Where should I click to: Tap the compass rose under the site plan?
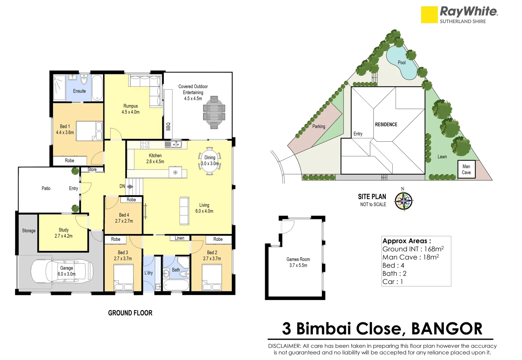coord(404,201)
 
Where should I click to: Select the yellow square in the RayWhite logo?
coord(429,15)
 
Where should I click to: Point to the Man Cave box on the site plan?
coord(466,169)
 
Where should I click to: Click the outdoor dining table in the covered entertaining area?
coord(214,112)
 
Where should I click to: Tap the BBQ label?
coord(168,127)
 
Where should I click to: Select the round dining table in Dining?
coord(209,161)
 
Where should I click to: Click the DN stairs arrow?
coord(130,187)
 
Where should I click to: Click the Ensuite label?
coord(79,91)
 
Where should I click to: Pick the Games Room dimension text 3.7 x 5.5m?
coord(298,265)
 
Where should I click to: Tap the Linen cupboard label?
coord(179,238)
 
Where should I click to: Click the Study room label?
coord(63,230)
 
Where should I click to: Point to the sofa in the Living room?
coord(184,211)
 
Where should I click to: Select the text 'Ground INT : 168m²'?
coord(413,249)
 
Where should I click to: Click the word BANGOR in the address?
coord(447,329)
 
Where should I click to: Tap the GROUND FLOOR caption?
coord(130,313)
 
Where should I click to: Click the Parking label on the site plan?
coord(319,126)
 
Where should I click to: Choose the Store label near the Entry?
coord(92,170)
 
